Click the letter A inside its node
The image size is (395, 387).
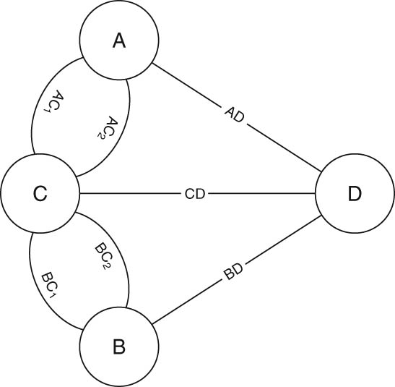(119, 41)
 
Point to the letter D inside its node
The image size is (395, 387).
(355, 194)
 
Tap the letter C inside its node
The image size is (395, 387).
(40, 194)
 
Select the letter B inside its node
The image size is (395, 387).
(119, 347)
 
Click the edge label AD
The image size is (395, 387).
(235, 115)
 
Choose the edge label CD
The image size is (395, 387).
(195, 194)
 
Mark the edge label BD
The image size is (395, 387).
(233, 271)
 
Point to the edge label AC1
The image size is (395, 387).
(53, 101)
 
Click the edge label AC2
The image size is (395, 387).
(108, 127)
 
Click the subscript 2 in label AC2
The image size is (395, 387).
(100, 136)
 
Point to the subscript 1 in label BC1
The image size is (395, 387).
(52, 294)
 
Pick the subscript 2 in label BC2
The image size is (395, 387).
(108, 265)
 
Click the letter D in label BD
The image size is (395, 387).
(238, 268)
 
